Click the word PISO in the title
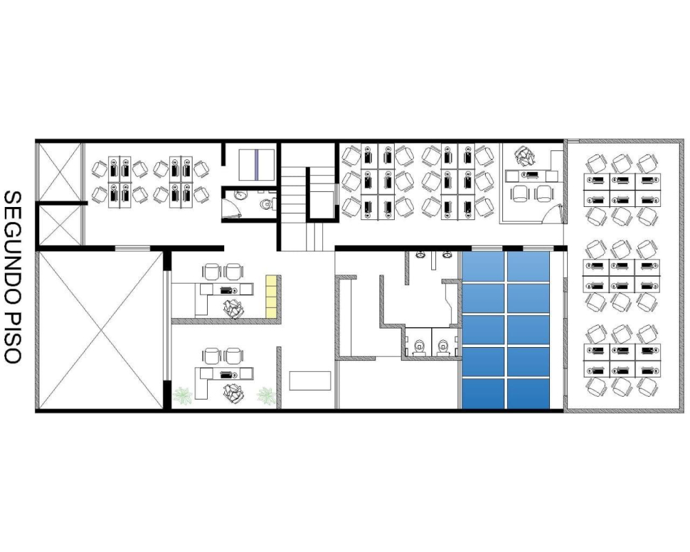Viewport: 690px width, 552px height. pyautogui.click(x=12, y=337)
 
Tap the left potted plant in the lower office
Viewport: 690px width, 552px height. pyautogui.click(x=182, y=395)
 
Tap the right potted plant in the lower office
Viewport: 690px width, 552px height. pyautogui.click(x=266, y=395)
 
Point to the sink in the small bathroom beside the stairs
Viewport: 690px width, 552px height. pyautogui.click(x=240, y=195)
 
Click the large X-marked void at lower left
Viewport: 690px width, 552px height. pyautogui.click(x=101, y=330)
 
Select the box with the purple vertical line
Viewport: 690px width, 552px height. pyautogui.click(x=257, y=165)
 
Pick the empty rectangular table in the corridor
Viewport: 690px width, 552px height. pyautogui.click(x=310, y=381)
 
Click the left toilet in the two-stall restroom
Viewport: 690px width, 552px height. pyautogui.click(x=420, y=346)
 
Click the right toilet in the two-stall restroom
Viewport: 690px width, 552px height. pyautogui.click(x=444, y=346)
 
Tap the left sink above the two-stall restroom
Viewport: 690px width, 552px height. pyautogui.click(x=421, y=255)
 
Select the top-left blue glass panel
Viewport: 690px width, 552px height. pyautogui.click(x=483, y=266)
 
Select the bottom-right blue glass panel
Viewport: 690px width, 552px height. pyautogui.click(x=528, y=393)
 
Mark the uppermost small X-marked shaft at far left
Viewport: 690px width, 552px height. pyautogui.click(x=59, y=172)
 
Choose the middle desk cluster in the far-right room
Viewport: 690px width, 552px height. pyautogui.click(x=622, y=275)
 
